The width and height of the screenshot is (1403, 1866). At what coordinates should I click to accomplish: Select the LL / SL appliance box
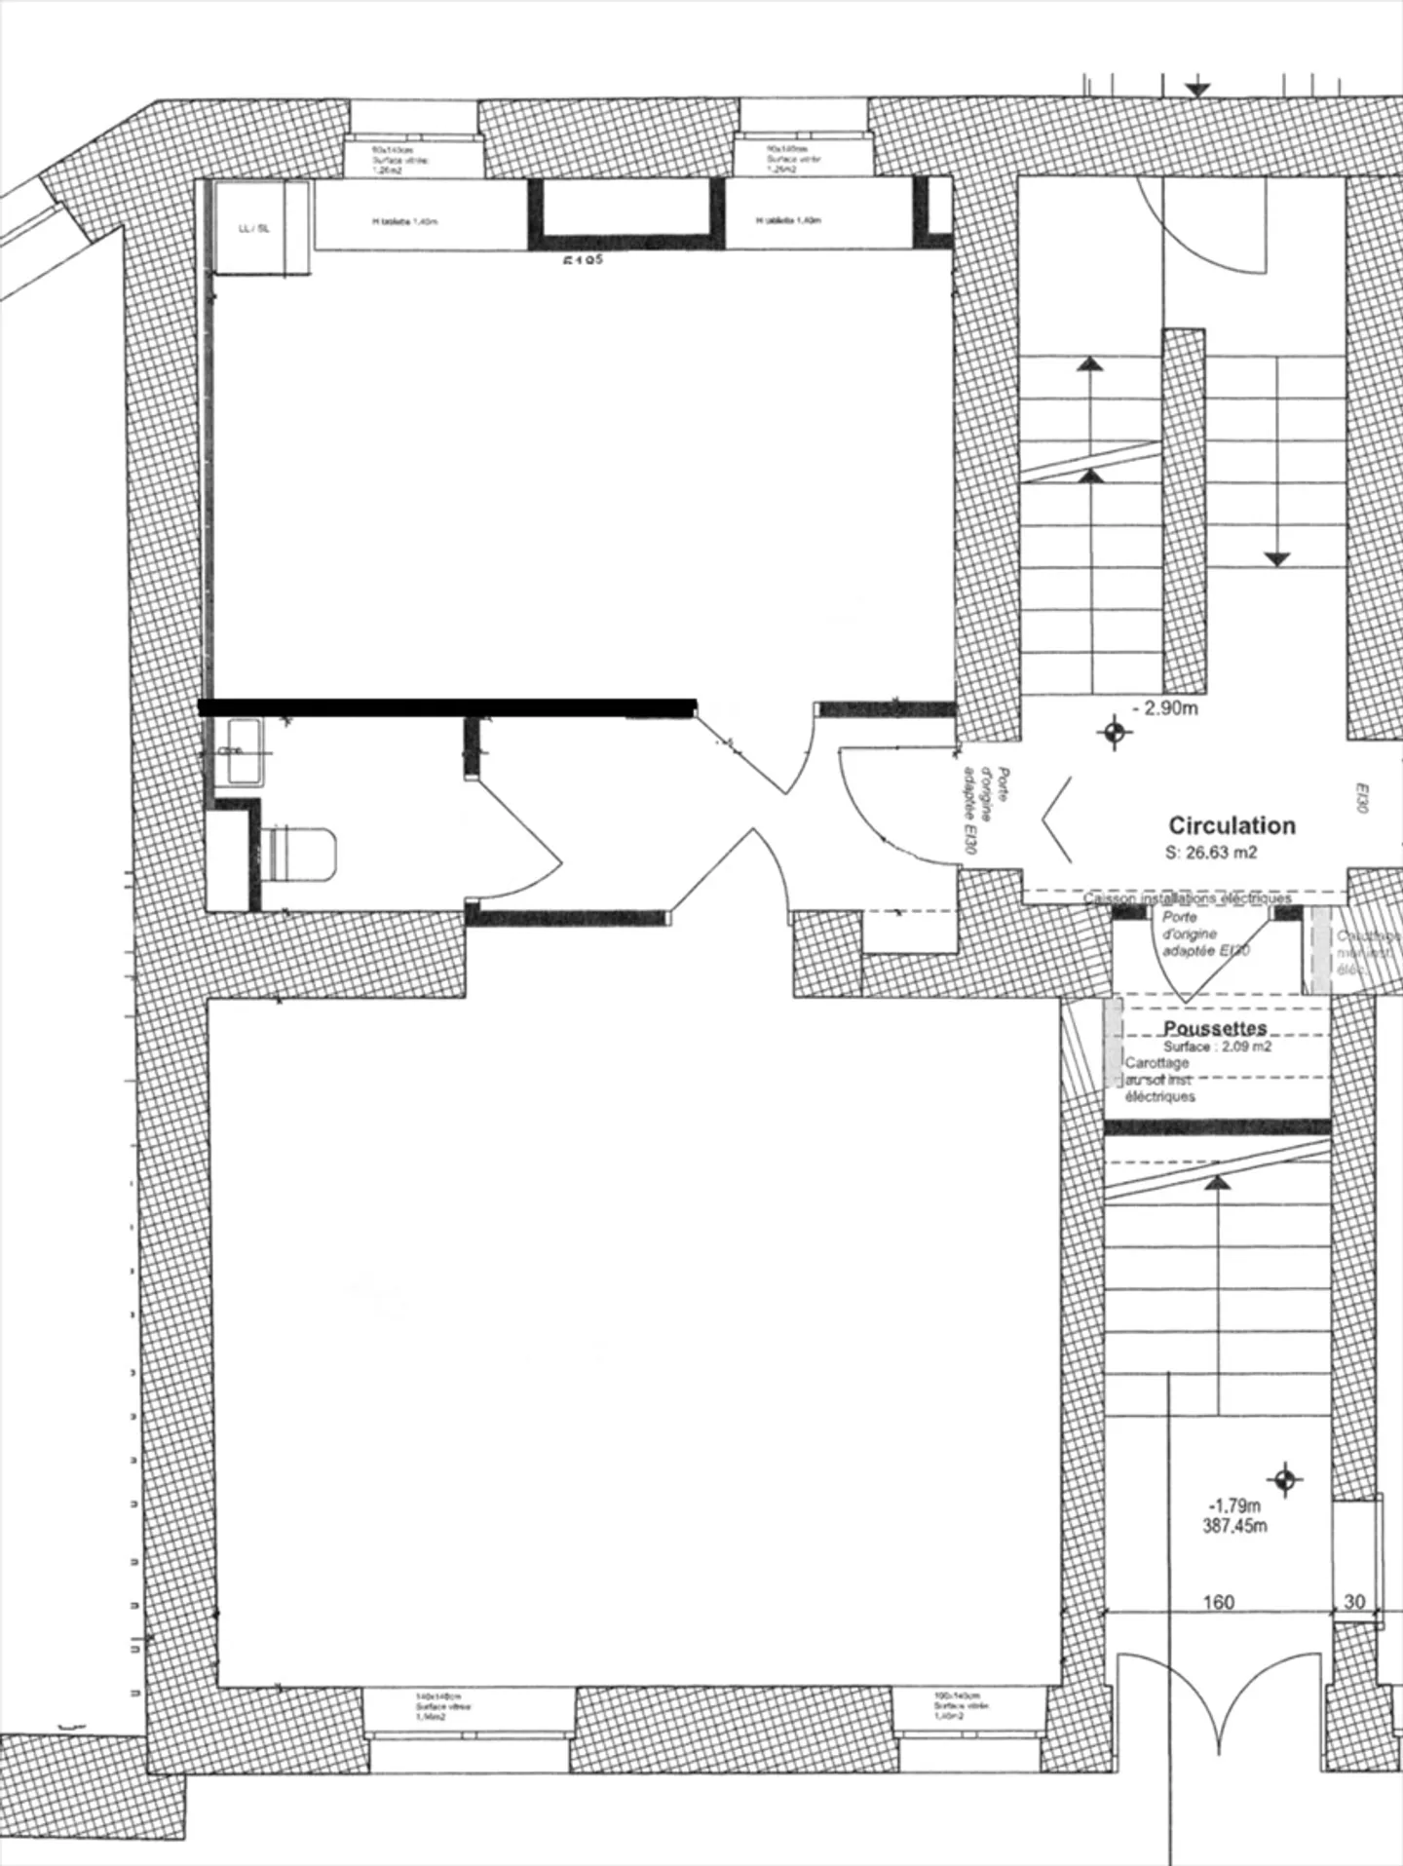254,229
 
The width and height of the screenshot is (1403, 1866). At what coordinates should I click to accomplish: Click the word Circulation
1232,825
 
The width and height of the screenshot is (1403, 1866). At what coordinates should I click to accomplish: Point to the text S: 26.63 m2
1211,853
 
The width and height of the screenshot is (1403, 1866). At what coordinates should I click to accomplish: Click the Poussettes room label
1215,1028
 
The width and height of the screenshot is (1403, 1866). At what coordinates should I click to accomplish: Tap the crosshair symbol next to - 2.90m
1114,731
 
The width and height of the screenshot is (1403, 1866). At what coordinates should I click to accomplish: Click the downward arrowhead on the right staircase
1277,559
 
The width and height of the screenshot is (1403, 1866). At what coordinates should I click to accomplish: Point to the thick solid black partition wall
448,707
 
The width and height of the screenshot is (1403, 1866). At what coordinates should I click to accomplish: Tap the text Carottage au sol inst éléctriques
1159,1080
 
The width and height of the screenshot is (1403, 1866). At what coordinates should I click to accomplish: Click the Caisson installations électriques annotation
1188,898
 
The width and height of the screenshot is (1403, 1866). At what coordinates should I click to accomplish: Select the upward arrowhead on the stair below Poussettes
1217,1183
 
